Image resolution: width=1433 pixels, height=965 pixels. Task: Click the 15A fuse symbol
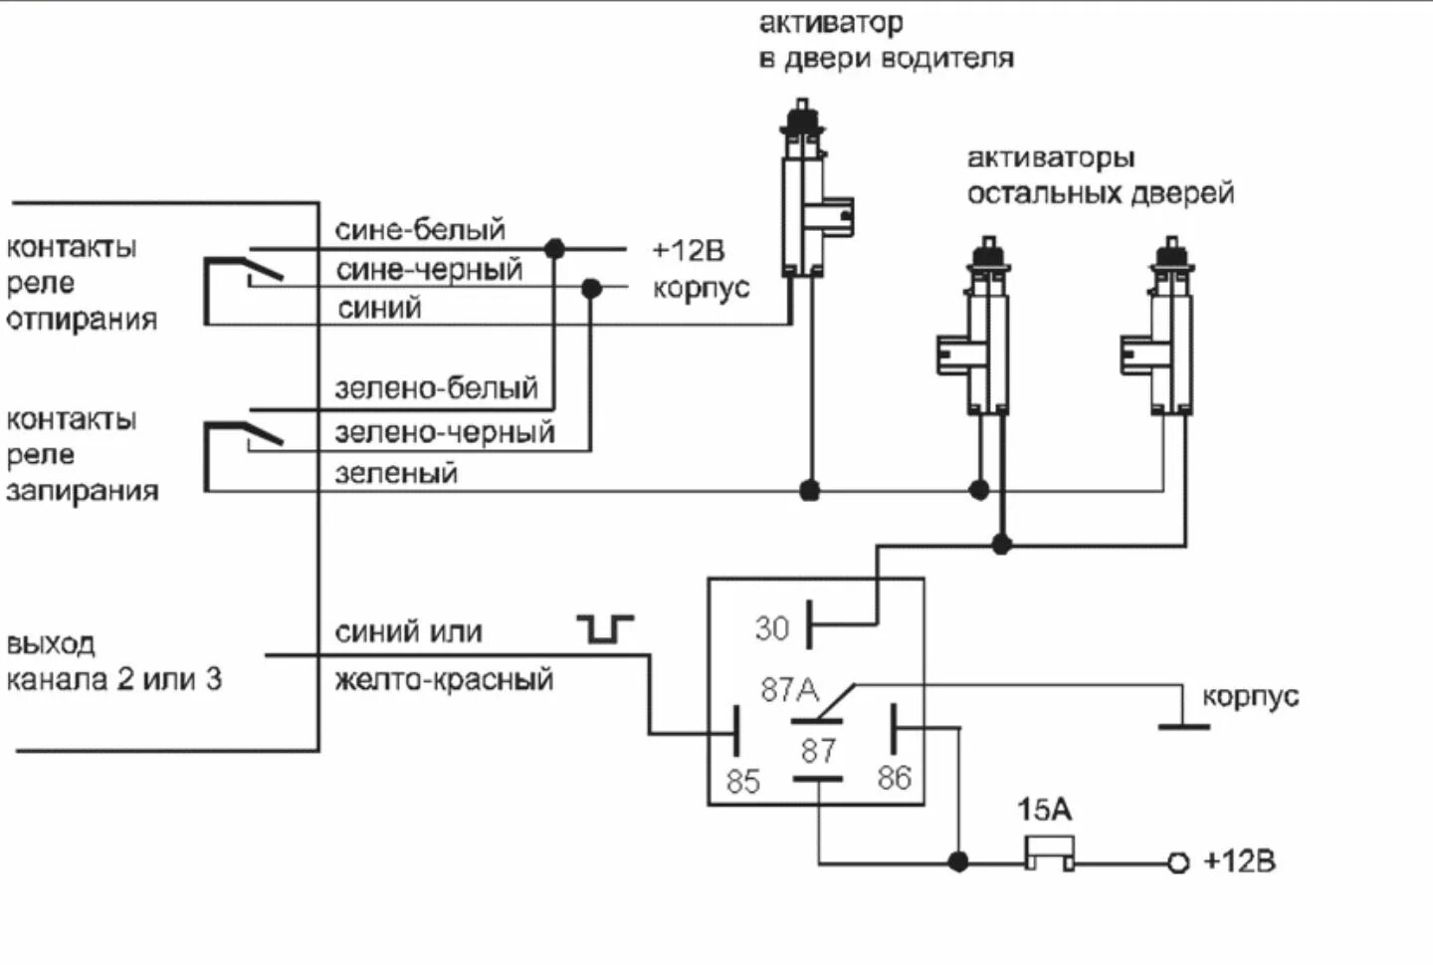tap(1049, 852)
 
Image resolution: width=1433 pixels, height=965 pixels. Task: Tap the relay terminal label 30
tap(771, 628)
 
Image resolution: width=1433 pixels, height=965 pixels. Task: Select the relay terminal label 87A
tap(789, 690)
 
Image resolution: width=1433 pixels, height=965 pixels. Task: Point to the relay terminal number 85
tap(742, 781)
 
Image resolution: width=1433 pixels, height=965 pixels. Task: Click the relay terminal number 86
tap(894, 778)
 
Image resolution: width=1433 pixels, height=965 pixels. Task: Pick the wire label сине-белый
tap(420, 229)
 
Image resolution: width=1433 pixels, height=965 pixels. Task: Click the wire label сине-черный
tap(429, 270)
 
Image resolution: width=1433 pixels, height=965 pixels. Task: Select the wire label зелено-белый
tap(436, 388)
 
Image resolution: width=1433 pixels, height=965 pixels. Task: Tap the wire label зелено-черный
tap(445, 432)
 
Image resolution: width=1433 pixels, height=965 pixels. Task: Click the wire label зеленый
tap(396, 473)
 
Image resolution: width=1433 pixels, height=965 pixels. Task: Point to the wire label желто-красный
tap(444, 679)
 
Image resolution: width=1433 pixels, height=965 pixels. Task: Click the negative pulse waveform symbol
tap(605, 628)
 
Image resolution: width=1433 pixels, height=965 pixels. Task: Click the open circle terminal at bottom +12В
tap(1178, 862)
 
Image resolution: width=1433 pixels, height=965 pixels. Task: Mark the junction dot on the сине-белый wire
tap(554, 248)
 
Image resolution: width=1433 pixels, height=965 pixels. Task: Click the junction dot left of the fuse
tap(957, 861)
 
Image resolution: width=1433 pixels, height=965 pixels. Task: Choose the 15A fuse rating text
tap(1044, 810)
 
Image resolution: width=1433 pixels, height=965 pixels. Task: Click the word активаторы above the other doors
tap(1051, 157)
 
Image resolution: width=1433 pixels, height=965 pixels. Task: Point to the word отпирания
tap(82, 319)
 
